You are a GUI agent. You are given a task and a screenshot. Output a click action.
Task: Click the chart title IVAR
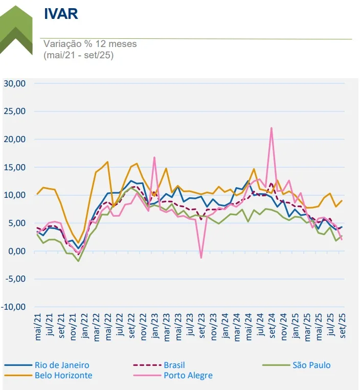(x=61, y=14)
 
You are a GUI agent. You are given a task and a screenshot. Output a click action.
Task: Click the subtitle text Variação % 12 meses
(x=90, y=44)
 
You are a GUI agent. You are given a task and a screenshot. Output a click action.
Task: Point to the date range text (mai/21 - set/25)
(x=78, y=55)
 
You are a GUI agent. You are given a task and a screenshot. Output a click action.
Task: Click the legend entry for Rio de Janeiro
(x=62, y=365)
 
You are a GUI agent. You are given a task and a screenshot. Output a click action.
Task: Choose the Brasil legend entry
(x=174, y=365)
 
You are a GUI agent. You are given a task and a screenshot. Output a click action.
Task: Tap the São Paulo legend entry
(x=311, y=365)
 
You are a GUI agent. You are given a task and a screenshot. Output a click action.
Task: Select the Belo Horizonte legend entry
(x=63, y=376)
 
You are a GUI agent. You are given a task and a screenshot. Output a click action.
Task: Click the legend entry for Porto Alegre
(x=188, y=376)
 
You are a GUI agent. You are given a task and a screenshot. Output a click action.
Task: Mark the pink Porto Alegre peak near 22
(x=271, y=128)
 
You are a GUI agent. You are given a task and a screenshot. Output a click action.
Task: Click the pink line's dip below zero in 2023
(x=201, y=258)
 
